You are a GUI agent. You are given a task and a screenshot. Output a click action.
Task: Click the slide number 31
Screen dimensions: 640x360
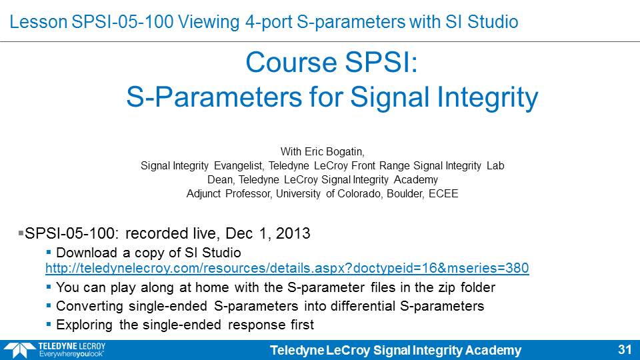click(625, 349)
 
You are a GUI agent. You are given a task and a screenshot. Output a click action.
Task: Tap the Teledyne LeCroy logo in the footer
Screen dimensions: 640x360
click(54, 350)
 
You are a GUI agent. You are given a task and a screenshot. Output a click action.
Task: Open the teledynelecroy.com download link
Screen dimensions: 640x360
click(287, 268)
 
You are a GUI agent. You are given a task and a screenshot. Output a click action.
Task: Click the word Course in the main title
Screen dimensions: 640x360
click(291, 63)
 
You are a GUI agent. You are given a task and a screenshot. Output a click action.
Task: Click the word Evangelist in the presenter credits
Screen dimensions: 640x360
click(239, 166)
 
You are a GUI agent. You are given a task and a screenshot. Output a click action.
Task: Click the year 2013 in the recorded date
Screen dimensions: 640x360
click(293, 233)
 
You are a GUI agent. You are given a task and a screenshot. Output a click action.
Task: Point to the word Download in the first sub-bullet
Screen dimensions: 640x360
click(87, 253)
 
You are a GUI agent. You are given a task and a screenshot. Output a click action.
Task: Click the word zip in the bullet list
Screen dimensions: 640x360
click(447, 288)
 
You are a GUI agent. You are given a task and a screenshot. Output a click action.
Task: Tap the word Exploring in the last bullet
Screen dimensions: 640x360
click(84, 325)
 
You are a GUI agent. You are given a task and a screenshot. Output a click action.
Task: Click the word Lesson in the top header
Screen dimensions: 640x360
click(39, 21)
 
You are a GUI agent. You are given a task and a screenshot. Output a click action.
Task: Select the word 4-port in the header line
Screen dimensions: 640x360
click(269, 22)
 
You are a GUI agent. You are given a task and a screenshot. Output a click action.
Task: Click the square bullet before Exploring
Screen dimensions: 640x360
click(49, 325)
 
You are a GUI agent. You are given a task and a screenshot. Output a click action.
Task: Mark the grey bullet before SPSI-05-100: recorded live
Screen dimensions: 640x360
click(21, 233)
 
